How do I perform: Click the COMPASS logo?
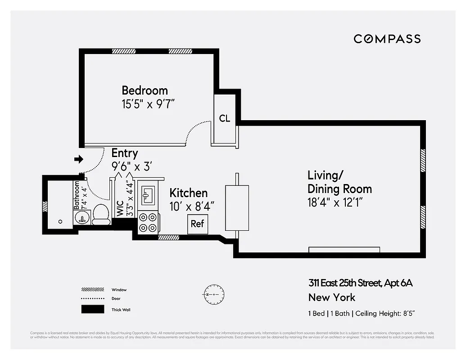[387, 39]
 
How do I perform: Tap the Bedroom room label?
[145, 90]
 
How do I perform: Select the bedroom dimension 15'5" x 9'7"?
[148, 104]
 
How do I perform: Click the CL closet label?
[225, 118]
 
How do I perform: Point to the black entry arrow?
[79, 159]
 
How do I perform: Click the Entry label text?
[124, 153]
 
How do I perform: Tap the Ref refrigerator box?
[197, 224]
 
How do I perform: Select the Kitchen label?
[188, 193]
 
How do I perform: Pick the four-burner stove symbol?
[148, 222]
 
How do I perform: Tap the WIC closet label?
[120, 206]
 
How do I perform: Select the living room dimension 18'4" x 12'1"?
[335, 202]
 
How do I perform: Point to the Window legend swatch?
[90, 289]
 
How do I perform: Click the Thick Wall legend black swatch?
[90, 310]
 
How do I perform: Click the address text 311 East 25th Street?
[360, 283]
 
